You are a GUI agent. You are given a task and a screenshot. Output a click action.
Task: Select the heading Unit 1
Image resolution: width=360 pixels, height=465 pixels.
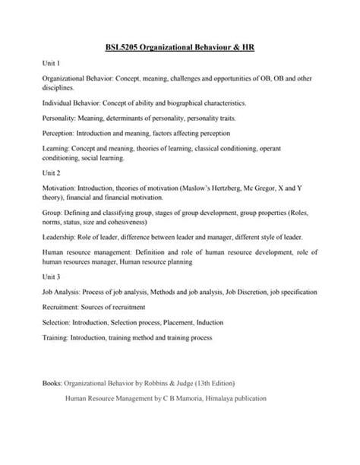click(x=52, y=64)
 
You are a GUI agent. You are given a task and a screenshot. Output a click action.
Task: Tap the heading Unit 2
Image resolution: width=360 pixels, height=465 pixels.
click(x=52, y=172)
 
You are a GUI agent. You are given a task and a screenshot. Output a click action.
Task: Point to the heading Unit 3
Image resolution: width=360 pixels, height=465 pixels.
click(x=52, y=277)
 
